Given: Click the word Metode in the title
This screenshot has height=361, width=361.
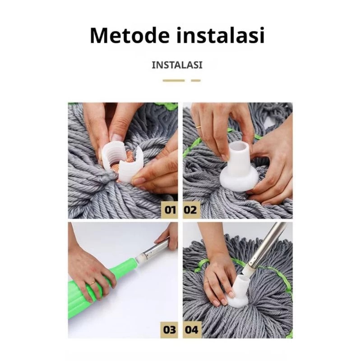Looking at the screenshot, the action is pyautogui.click(x=130, y=35).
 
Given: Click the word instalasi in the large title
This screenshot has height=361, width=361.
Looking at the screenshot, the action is pyautogui.click(x=221, y=35).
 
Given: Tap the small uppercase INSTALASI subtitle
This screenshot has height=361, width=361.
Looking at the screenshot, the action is pyautogui.click(x=177, y=65).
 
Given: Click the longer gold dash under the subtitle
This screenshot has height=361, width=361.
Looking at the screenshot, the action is pyautogui.click(x=174, y=80).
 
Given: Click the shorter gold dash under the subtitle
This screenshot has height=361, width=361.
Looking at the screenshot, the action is pyautogui.click(x=196, y=80).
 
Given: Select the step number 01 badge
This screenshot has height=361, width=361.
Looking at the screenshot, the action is pyautogui.click(x=170, y=210).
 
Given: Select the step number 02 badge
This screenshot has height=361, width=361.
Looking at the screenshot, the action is pyautogui.click(x=191, y=210).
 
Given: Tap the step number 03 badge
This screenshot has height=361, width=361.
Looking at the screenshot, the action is pyautogui.click(x=169, y=330).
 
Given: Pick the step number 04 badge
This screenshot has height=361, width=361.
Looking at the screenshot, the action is pyautogui.click(x=192, y=330).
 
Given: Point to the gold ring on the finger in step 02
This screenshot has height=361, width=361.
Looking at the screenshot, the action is pyautogui.click(x=198, y=126).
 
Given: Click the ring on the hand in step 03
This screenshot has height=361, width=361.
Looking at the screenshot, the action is pyautogui.click(x=93, y=283).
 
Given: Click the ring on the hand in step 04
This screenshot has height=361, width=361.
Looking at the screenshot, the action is pyautogui.click(x=207, y=281).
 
